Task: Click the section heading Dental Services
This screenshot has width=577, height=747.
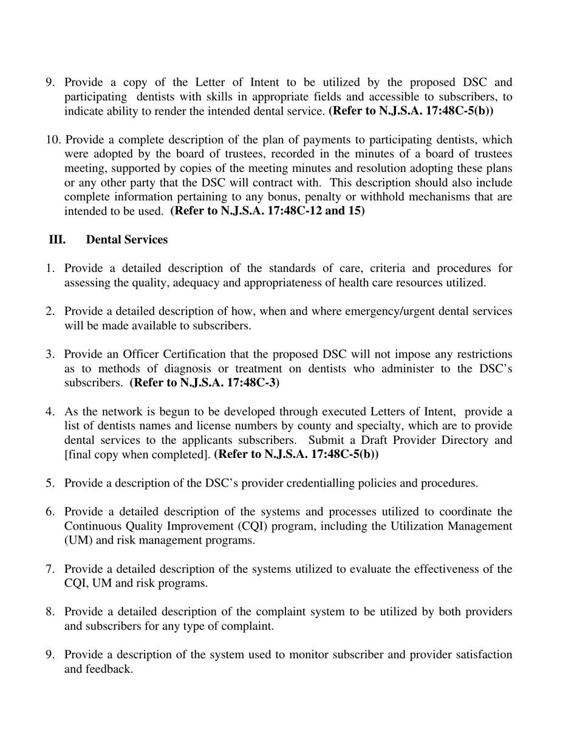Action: point(126,240)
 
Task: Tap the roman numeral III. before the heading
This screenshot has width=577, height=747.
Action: point(57,240)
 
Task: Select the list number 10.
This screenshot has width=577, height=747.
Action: point(53,140)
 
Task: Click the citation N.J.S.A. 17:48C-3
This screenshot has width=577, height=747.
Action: point(205,383)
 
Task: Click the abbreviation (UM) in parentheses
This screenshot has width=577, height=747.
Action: point(78,541)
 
